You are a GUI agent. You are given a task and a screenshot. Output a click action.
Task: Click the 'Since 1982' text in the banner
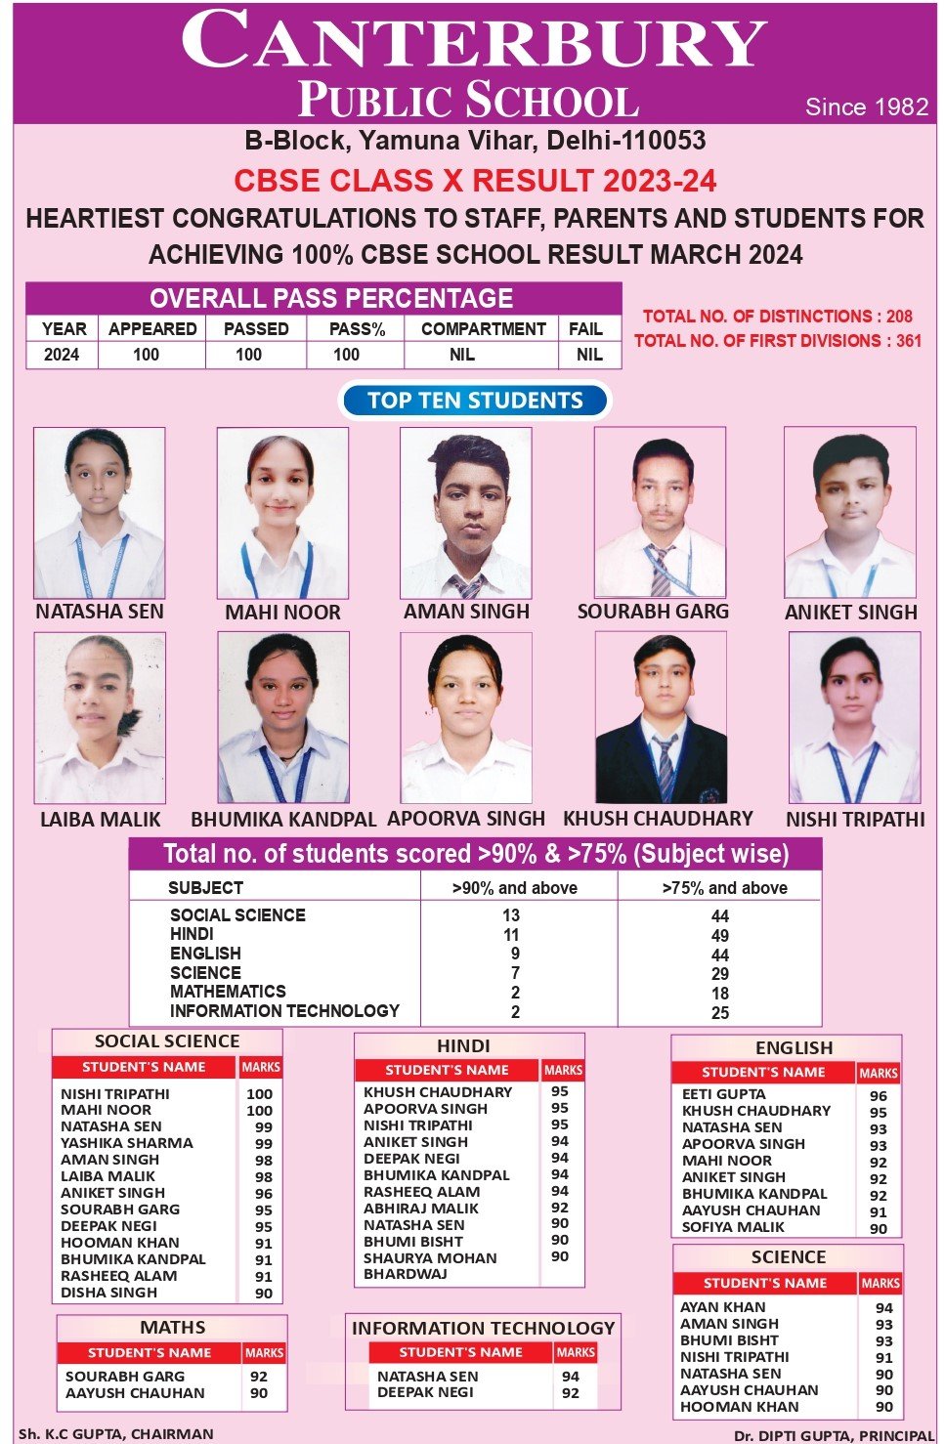point(866,106)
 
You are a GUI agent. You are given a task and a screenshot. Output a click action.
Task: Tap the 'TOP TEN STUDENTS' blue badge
point(475,401)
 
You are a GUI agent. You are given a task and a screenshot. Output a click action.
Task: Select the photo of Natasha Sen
point(99,513)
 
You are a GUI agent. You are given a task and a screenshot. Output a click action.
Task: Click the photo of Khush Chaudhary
point(661,718)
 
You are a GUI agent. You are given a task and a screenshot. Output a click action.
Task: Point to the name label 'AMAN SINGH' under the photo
point(466,612)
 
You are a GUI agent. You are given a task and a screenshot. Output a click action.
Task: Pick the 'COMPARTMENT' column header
point(483,329)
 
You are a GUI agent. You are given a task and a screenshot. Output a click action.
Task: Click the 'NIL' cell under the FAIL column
point(589,355)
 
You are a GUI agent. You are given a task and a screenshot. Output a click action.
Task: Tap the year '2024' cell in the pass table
point(62,355)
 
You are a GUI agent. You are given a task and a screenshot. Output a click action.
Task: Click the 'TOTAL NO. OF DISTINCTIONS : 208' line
point(777,317)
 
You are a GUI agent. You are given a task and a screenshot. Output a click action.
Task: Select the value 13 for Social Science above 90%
point(511,915)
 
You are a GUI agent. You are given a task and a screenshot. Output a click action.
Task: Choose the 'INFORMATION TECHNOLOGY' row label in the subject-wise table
point(284,1011)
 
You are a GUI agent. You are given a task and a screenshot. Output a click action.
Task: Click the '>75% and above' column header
point(724,888)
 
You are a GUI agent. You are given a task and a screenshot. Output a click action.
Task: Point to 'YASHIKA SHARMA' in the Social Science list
point(127,1143)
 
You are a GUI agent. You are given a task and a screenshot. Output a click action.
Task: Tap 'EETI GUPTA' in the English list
point(723,1094)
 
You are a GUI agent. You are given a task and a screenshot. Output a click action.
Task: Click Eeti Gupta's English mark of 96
point(879,1096)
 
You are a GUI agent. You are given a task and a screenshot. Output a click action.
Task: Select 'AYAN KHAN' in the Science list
point(723,1307)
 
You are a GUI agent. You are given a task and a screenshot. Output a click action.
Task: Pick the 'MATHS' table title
point(172,1328)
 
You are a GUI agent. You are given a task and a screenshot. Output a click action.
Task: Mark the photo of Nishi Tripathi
point(854,718)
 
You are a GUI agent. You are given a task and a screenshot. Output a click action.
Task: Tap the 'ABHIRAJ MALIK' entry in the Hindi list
point(421,1209)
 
